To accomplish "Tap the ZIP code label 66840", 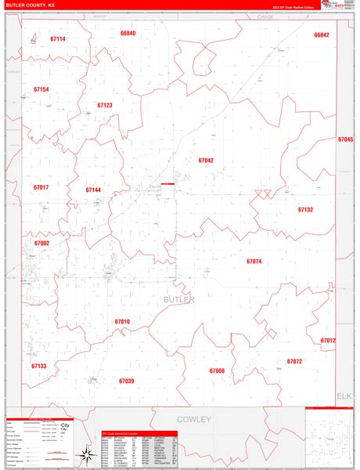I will tap(128, 34).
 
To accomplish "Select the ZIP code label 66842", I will tap(322, 35).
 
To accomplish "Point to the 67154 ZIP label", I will tap(41, 89).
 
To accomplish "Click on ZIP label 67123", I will tap(105, 105).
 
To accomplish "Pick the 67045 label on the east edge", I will tap(345, 139).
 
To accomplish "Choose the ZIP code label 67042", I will tap(205, 160).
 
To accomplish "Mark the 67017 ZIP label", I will tap(41, 187).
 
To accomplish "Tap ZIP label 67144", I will tap(93, 190).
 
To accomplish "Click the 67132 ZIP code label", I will tap(305, 210).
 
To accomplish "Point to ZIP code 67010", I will tap(122, 321).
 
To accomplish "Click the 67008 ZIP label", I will tap(217, 371).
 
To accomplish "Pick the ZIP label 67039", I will tap(127, 381).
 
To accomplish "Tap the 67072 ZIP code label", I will tap(294, 362).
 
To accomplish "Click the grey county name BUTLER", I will tap(178, 299).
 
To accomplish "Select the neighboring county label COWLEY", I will tap(195, 419).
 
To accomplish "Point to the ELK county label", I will tap(345, 396).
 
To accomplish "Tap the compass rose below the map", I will tap(84, 453).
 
